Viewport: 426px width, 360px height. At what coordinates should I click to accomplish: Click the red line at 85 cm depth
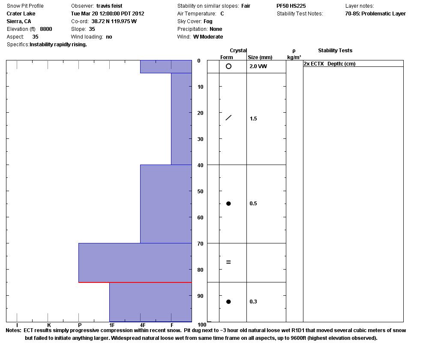pyautogui.click(x=135, y=282)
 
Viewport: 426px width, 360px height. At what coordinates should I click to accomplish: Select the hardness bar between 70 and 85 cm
pyautogui.click(x=135, y=263)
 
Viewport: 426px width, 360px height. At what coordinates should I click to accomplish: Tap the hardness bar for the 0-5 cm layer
pyautogui.click(x=166, y=66)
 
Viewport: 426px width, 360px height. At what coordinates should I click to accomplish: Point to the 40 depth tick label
pyautogui.click(x=199, y=165)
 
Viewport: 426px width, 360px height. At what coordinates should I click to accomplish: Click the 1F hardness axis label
pyautogui.click(x=112, y=325)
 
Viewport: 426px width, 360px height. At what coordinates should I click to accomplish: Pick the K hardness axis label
pyautogui.click(x=49, y=325)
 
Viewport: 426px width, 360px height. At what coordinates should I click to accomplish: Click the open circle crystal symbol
pyautogui.click(x=228, y=66)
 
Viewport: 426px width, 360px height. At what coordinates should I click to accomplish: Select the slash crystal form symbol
pyautogui.click(x=228, y=117)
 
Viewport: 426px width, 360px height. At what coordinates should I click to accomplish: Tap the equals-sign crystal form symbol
pyautogui.click(x=228, y=262)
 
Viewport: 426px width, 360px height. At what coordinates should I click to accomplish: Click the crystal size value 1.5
pyautogui.click(x=253, y=119)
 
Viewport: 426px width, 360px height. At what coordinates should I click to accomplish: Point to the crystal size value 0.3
pyautogui.click(x=253, y=302)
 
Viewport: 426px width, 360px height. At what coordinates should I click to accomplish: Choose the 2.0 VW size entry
pyautogui.click(x=258, y=66)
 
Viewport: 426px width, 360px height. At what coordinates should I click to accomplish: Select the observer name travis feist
pyautogui.click(x=109, y=6)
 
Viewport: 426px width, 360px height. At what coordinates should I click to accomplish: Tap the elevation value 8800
pyautogui.click(x=46, y=29)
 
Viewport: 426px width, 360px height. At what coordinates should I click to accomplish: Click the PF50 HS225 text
pyautogui.click(x=291, y=6)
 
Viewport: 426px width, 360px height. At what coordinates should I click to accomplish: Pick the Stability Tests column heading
pyautogui.click(x=335, y=51)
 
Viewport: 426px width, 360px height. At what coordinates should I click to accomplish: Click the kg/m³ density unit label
pyautogui.click(x=294, y=57)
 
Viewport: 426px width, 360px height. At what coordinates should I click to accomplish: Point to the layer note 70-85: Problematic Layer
pyautogui.click(x=375, y=14)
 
